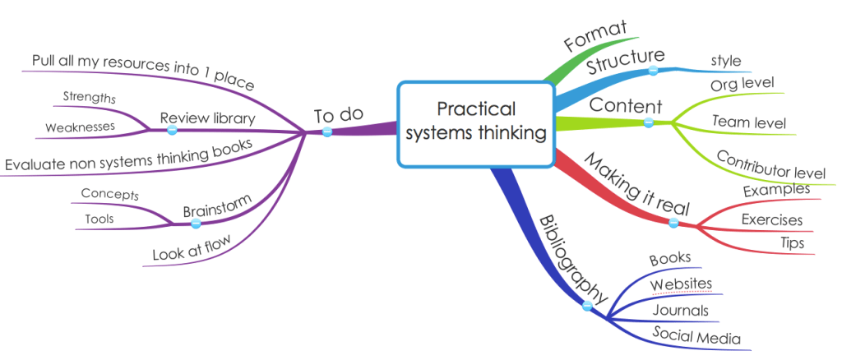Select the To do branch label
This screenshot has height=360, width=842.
[x=339, y=114]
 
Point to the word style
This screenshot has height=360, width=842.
[x=725, y=61]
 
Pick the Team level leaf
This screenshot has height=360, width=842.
[x=747, y=122]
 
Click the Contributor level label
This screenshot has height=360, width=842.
[x=770, y=164]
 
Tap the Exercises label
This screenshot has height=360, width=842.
[x=772, y=219]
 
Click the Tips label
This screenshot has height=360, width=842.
[x=792, y=243]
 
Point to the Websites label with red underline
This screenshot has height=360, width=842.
[x=681, y=284]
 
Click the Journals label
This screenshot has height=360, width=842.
[x=680, y=311]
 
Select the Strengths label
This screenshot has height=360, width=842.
[x=89, y=97]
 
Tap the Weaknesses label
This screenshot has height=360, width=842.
[x=80, y=127]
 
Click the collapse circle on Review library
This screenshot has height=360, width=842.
[x=172, y=131]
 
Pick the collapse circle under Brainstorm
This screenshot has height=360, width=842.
[x=196, y=224]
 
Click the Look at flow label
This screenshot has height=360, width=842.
[x=191, y=247]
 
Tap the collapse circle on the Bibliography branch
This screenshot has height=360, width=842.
[x=587, y=307]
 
